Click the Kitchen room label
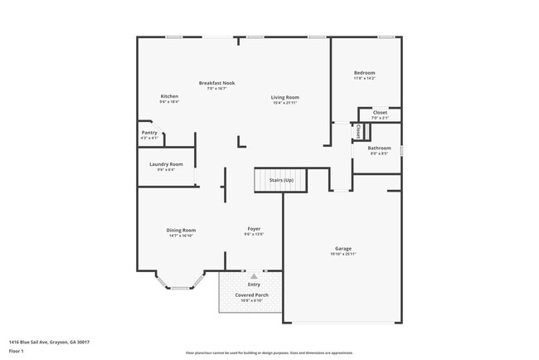[169, 96]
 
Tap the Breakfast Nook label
[216, 82]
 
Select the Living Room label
[284, 97]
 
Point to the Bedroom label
[364, 73]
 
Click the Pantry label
[149, 133]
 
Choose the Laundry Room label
[166, 164]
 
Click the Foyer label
[254, 228]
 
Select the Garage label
[343, 248]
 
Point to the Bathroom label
[380, 148]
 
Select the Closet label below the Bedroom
[380, 112]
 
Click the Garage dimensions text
[343, 254]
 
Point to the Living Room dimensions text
[284, 103]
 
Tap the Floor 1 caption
[17, 352]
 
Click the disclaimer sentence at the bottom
[269, 353]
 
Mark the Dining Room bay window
[180, 287]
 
